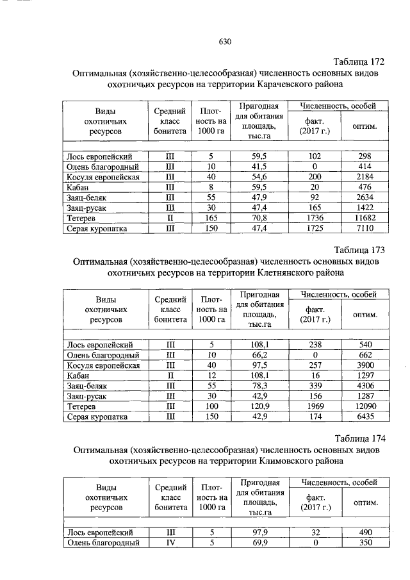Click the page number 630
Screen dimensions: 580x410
pos(224,42)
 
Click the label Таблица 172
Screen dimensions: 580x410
pos(359,62)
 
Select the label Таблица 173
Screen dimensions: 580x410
pos(359,249)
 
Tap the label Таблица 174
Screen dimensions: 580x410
pos(359,438)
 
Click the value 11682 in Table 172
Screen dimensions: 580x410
pos(365,218)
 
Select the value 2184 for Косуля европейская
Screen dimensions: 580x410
pos(365,176)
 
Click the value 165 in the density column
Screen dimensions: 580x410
pos(210,218)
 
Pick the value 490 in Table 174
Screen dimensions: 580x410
pos(365,532)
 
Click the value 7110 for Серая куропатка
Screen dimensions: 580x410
pos(365,228)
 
